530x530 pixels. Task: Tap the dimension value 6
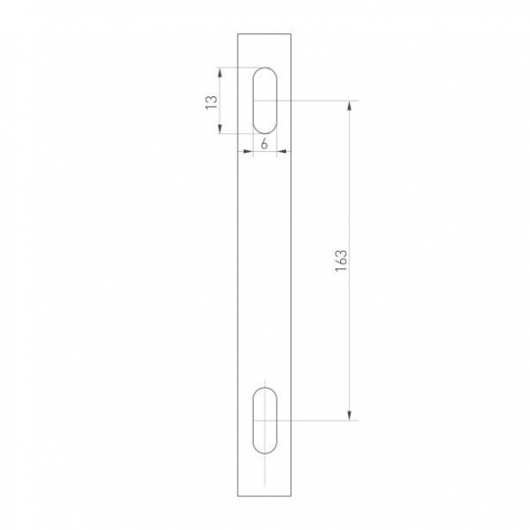coord(265,143)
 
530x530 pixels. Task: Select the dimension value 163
coord(340,259)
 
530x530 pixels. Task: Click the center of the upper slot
coord(265,100)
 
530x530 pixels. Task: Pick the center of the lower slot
coord(265,420)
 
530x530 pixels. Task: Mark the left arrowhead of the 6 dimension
coord(252,152)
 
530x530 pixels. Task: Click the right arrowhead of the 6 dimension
coord(277,152)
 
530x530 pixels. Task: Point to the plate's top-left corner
coord(238,33)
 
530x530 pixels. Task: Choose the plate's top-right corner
coord(292,33)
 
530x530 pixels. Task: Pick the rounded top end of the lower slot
coord(265,388)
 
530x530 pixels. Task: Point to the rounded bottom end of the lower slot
coord(265,453)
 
